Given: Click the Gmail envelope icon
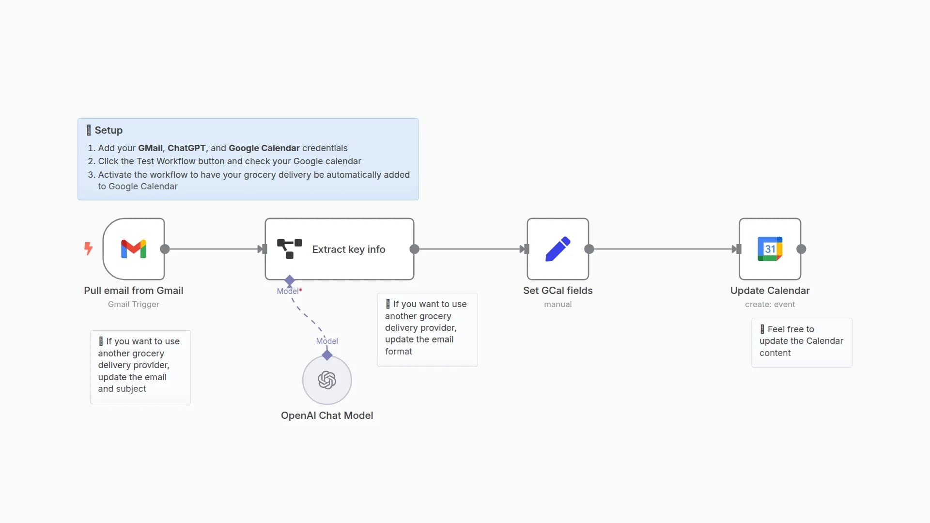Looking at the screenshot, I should [x=134, y=249].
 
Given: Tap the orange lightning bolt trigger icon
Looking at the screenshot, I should [x=88, y=248].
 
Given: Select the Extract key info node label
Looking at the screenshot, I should [x=348, y=249].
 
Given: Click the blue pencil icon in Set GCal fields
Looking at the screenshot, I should [x=558, y=249].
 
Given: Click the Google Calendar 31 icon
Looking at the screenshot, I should [x=770, y=249].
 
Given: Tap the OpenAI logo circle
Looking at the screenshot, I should [x=327, y=380].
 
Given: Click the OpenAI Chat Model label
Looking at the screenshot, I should [x=327, y=415].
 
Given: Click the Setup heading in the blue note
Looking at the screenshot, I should [x=108, y=130].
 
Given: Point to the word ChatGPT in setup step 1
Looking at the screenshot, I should [x=186, y=148].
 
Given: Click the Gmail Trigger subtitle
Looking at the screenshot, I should [x=133, y=304].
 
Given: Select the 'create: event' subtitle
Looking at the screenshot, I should [x=770, y=304].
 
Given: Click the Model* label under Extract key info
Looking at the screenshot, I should [x=289, y=291].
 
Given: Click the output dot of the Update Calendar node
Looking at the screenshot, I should [x=801, y=249].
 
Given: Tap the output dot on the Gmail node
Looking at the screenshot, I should [x=165, y=249].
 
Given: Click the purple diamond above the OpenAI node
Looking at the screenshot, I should [x=327, y=355].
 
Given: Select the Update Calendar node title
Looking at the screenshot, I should [x=770, y=291].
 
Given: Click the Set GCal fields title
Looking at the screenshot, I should [x=558, y=291].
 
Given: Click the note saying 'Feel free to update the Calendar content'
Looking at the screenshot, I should [x=801, y=341].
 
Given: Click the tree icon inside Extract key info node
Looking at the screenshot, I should [x=289, y=249].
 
